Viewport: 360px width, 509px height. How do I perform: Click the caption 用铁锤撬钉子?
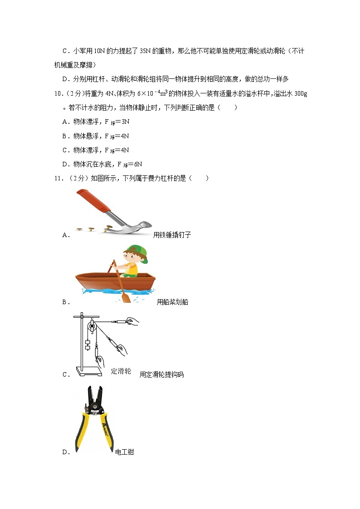click(x=172, y=235)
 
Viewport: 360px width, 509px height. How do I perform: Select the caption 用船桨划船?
click(x=172, y=302)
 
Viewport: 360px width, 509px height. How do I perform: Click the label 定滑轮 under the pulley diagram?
click(x=121, y=371)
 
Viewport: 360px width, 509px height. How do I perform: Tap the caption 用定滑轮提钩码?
click(x=161, y=375)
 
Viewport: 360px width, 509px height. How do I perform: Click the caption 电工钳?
click(x=125, y=452)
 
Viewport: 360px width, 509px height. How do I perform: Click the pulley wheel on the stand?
click(x=92, y=326)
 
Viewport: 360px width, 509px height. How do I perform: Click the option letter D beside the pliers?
click(x=65, y=452)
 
